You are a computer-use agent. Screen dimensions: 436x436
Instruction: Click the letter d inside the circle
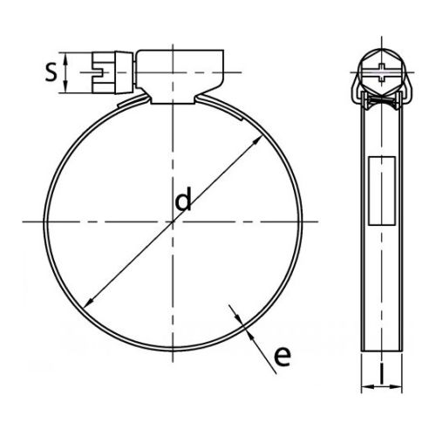click(x=183, y=201)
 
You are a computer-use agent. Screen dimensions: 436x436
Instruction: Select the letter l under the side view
click(x=380, y=376)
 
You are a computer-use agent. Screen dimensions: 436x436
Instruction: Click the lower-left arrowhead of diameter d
click(x=88, y=303)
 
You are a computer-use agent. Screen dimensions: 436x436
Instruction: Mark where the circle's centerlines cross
click(x=174, y=221)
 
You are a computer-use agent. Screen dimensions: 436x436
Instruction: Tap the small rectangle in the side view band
click(x=380, y=189)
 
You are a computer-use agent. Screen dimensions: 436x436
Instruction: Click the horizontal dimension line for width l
click(x=380, y=387)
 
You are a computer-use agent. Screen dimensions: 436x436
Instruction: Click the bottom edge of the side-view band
click(x=380, y=351)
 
